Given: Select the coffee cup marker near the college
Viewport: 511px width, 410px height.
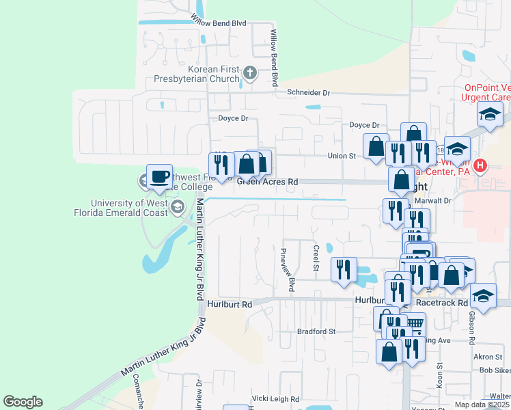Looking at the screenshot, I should pos(159,178).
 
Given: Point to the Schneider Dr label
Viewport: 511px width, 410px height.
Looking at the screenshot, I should pos(308,92).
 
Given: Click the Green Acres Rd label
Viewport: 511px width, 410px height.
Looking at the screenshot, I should pos(268,182).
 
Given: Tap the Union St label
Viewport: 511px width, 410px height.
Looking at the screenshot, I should pos(343,156).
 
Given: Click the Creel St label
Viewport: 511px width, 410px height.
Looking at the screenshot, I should pos(316,258).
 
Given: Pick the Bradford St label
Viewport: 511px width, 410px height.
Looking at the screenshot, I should pos(317,331).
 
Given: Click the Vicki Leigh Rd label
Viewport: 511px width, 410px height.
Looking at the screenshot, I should pos(276,398).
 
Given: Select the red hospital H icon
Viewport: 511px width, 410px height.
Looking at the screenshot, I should pos(481,165).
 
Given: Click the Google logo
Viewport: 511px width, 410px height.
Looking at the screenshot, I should pos(23,402).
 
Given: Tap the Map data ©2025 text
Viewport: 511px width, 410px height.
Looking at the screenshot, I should pos(482,405).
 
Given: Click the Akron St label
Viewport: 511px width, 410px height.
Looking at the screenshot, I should pos(488,357).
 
